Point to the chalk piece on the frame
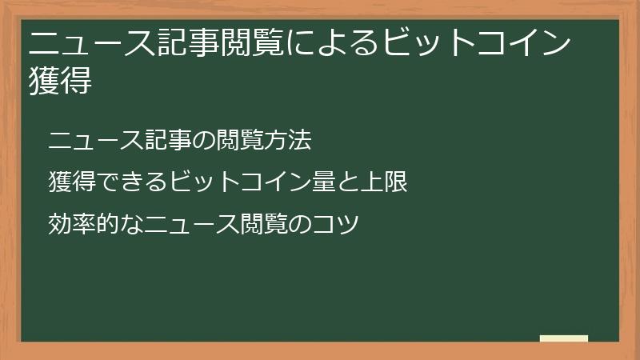click(564, 338)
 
